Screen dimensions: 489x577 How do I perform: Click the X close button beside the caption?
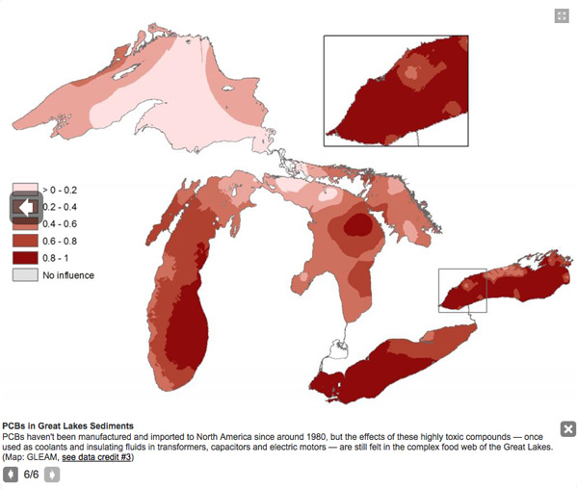[x=567, y=429]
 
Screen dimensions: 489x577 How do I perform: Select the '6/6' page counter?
[x=32, y=475]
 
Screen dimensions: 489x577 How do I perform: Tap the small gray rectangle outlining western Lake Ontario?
[x=462, y=290]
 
